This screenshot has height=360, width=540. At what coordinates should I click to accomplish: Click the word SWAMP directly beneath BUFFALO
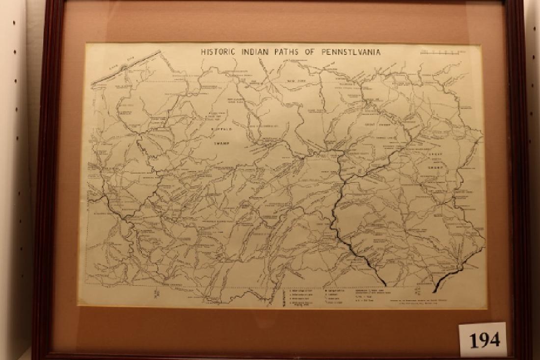222,145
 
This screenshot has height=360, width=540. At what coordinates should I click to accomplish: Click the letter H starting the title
203,51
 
